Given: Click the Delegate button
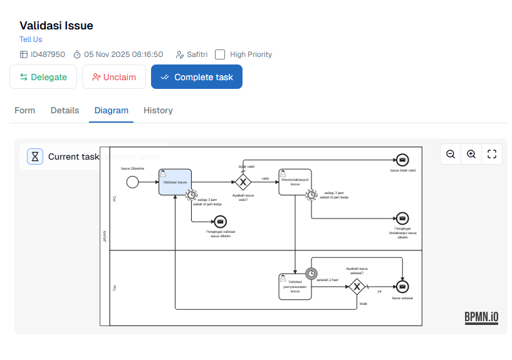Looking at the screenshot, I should (43, 77).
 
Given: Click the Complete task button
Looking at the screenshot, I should (196, 77).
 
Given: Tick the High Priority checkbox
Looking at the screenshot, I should (220, 54).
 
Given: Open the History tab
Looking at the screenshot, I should (158, 110).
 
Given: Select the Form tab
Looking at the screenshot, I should (25, 110).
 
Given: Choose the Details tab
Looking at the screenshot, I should (65, 110).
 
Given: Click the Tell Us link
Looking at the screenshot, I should (31, 39).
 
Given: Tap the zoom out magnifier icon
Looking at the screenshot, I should (451, 154).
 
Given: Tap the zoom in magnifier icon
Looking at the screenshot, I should (471, 154).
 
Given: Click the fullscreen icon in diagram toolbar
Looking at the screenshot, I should (492, 154).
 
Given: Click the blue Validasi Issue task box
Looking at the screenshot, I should (175, 182).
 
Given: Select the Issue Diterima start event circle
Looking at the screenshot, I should (132, 182).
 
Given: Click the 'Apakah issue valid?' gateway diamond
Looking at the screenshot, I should (243, 182).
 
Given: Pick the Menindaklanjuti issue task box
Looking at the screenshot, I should (295, 182).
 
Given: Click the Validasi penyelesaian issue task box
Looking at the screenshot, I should (295, 286).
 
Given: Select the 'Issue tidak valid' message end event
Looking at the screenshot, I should (402, 160).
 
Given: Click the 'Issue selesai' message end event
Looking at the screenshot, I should (402, 286).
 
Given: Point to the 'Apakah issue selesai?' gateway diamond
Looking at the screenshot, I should (357, 286).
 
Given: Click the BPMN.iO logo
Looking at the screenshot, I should (481, 317).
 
